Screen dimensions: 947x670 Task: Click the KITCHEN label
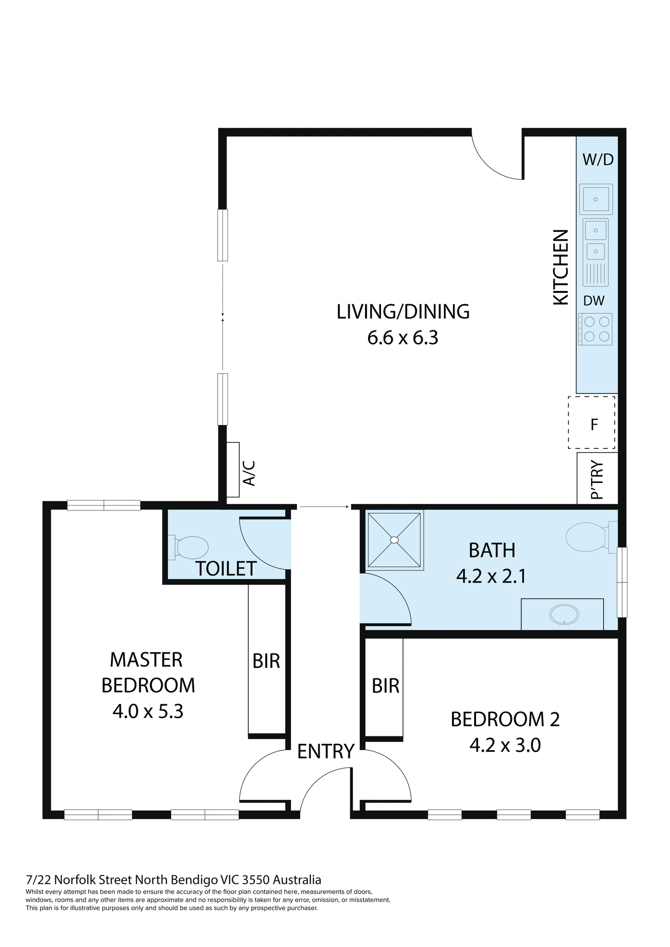tap(560, 267)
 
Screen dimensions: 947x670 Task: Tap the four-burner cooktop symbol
tap(596, 329)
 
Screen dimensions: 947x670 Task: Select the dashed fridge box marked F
tap(592, 423)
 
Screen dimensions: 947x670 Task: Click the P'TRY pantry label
tap(597, 480)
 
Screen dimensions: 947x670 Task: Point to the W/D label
tap(598, 160)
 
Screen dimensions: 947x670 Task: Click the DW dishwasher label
tap(594, 301)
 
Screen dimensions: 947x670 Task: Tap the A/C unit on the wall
tap(233, 470)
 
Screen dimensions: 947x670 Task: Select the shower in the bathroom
tap(394, 540)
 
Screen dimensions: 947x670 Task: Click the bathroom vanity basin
tap(564, 615)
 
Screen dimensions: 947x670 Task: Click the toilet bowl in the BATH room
tap(586, 537)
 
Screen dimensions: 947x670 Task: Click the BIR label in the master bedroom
tap(266, 661)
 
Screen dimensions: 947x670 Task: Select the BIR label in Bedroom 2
tap(385, 686)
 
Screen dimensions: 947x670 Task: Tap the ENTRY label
tap(326, 751)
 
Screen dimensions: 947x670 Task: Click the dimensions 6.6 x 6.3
tap(403, 338)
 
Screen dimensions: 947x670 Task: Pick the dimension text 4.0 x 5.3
tap(148, 712)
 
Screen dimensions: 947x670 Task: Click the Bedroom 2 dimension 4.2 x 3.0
tap(505, 745)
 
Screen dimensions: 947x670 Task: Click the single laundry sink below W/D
tap(596, 199)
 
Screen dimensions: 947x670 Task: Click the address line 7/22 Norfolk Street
tap(173, 880)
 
